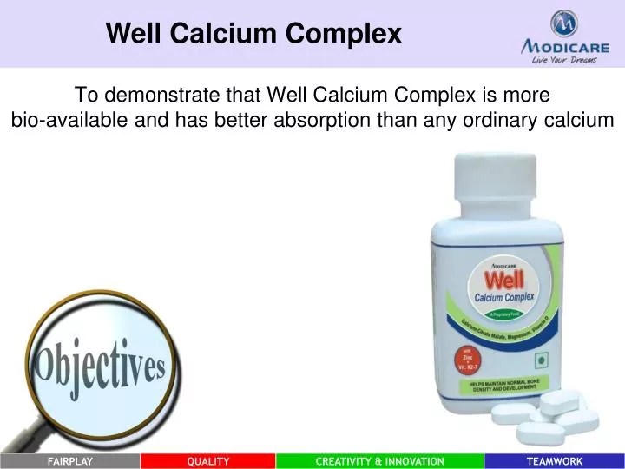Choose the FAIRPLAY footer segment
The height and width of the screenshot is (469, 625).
pyautogui.click(x=69, y=461)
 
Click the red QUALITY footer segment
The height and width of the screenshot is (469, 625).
pyautogui.click(x=208, y=461)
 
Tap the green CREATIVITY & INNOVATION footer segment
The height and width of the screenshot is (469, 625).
pyautogui.click(x=380, y=461)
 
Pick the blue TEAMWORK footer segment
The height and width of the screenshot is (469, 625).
pyautogui.click(x=555, y=461)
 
